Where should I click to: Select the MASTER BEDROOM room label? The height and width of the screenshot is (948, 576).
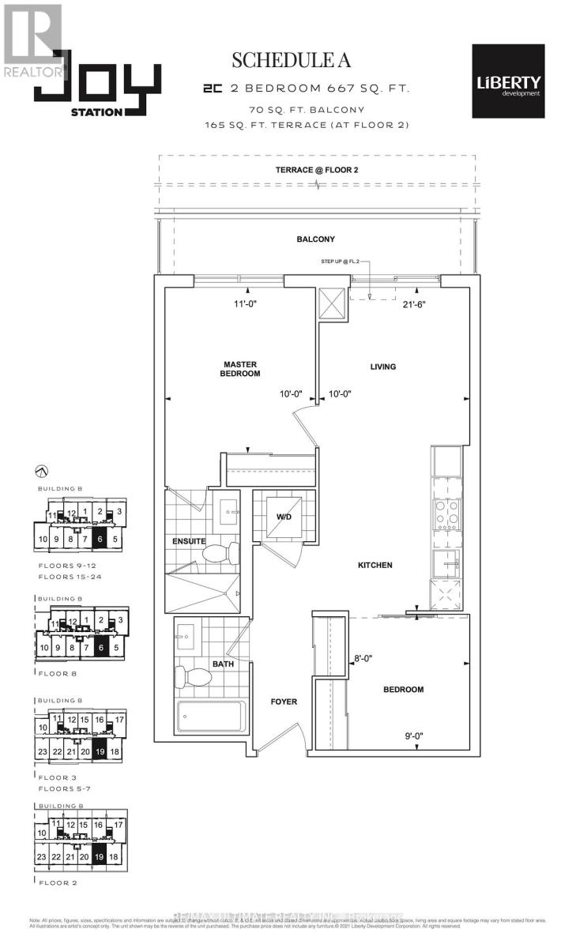(x=241, y=369)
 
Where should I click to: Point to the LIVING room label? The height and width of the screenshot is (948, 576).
(x=382, y=367)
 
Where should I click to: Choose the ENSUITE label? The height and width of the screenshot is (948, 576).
(x=190, y=542)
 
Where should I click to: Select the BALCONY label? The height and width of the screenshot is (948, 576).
(x=316, y=239)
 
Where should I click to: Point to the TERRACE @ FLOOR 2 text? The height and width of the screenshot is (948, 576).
(x=316, y=170)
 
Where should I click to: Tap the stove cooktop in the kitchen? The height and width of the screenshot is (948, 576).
(x=447, y=514)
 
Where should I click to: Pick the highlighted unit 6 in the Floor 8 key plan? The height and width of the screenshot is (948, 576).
(x=100, y=648)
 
